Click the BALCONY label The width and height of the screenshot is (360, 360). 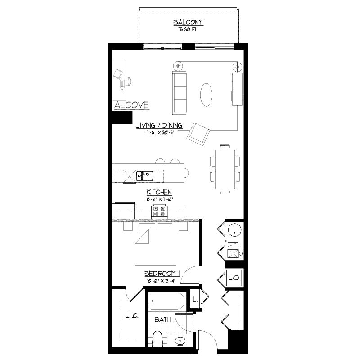click(x=189, y=22)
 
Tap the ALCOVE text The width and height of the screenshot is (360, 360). click(x=131, y=105)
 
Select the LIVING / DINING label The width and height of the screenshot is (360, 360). click(x=160, y=126)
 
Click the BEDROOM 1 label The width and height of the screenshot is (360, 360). click(x=162, y=274)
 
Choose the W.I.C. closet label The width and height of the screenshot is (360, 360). click(x=131, y=316)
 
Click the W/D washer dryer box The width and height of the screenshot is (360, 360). click(x=234, y=278)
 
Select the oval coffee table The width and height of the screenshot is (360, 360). click(x=207, y=94)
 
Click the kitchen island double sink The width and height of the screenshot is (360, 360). click(x=145, y=175)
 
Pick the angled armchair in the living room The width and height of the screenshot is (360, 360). click(x=198, y=134)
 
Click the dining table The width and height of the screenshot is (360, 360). click(x=225, y=169)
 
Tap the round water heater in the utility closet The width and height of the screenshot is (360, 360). click(x=234, y=230)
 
